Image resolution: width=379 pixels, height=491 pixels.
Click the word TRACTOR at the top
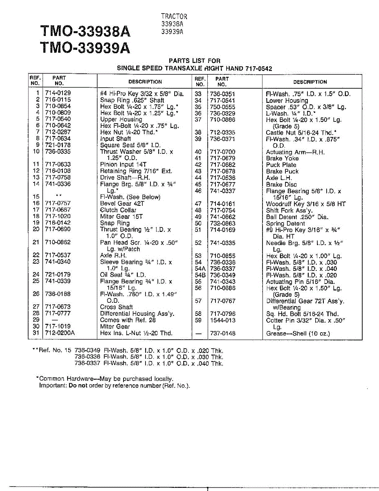pos(174,16)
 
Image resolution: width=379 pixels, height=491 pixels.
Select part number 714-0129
pos(58,94)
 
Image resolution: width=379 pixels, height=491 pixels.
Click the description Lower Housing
pos(287,101)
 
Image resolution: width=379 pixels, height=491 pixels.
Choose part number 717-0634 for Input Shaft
pos(58,139)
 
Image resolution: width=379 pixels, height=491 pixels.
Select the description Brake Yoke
pos(282,158)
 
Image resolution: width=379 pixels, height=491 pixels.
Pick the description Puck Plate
pos(281,165)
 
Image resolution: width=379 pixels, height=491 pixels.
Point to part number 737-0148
pos(222,333)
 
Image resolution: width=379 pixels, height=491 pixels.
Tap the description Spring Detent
pos(285,223)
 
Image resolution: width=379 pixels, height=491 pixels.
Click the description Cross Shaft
pos(117,307)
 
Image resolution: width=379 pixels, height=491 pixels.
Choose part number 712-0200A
pos(60,333)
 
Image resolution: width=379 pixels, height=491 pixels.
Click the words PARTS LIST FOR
pos(195,61)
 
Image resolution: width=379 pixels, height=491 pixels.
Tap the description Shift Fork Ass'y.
pos(289,210)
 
